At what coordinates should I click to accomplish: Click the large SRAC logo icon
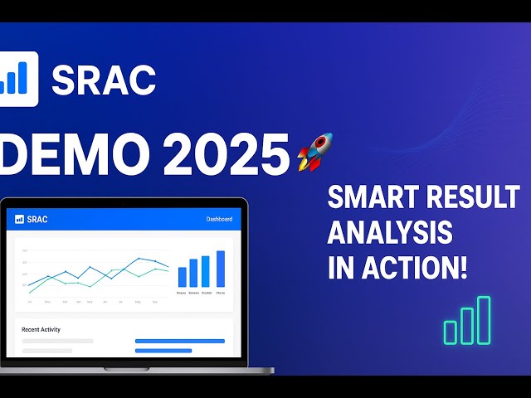(x=18, y=80)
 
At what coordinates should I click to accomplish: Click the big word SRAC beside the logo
(x=103, y=80)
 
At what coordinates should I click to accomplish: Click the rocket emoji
(x=315, y=152)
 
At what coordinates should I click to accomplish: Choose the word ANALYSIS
(x=390, y=233)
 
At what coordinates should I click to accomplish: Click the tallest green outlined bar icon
(x=483, y=320)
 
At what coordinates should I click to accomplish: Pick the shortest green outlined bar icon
(x=451, y=332)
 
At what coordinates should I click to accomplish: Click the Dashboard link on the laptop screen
(x=219, y=220)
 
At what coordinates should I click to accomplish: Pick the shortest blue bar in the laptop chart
(x=183, y=277)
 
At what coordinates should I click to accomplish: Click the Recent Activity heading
(x=41, y=329)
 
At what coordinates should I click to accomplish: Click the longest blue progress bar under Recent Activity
(x=179, y=341)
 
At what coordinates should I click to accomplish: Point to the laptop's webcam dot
(x=124, y=202)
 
